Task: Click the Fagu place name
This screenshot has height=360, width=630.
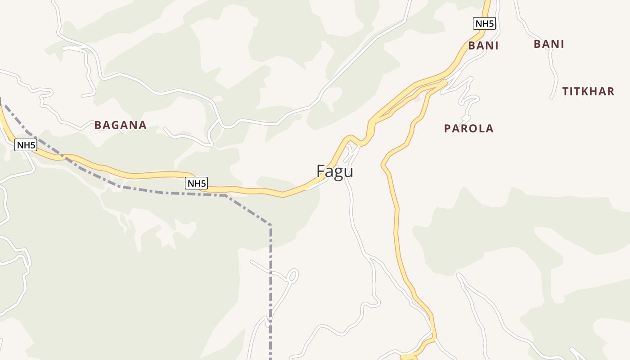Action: pos(335,171)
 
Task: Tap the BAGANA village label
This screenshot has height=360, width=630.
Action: pos(121,125)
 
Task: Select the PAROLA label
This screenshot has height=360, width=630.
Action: pos(469,129)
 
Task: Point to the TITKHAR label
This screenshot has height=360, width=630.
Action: pos(588,91)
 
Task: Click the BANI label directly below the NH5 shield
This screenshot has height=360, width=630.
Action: pos(483,45)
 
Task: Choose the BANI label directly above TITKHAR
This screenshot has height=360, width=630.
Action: pos(549,44)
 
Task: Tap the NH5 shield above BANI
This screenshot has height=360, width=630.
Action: pos(484,23)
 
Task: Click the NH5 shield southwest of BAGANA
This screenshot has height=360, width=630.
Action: pos(26,145)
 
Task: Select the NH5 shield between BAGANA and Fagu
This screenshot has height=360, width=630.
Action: pos(196,183)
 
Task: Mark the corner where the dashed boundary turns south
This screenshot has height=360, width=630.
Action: pos(270,225)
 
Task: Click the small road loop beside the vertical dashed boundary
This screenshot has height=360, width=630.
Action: pos(292,275)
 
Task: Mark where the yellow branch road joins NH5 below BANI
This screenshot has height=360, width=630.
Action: pos(445,82)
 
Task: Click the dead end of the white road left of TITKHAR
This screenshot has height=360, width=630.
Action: pos(552,97)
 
